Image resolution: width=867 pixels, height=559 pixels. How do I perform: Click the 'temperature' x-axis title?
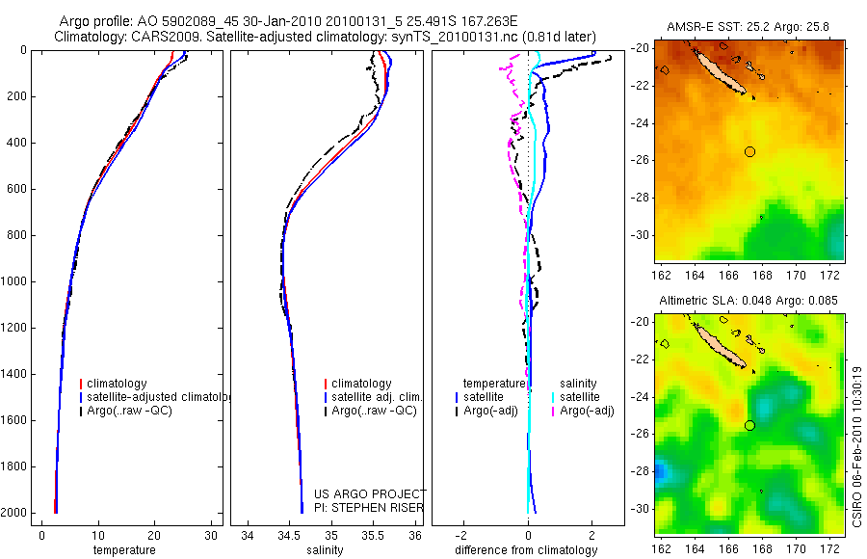[123, 550]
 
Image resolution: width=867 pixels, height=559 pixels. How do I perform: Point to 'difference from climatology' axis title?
[527, 550]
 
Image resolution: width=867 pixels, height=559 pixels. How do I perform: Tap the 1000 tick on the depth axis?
[15, 281]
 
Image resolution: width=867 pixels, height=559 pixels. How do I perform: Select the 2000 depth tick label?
[15, 513]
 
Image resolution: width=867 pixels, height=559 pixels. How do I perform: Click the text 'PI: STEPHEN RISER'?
[369, 508]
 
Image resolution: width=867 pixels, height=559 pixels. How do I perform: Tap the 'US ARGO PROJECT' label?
[369, 494]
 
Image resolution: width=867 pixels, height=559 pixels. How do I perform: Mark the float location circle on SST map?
[750, 151]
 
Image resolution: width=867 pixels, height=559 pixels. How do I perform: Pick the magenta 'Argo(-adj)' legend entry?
[587, 411]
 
